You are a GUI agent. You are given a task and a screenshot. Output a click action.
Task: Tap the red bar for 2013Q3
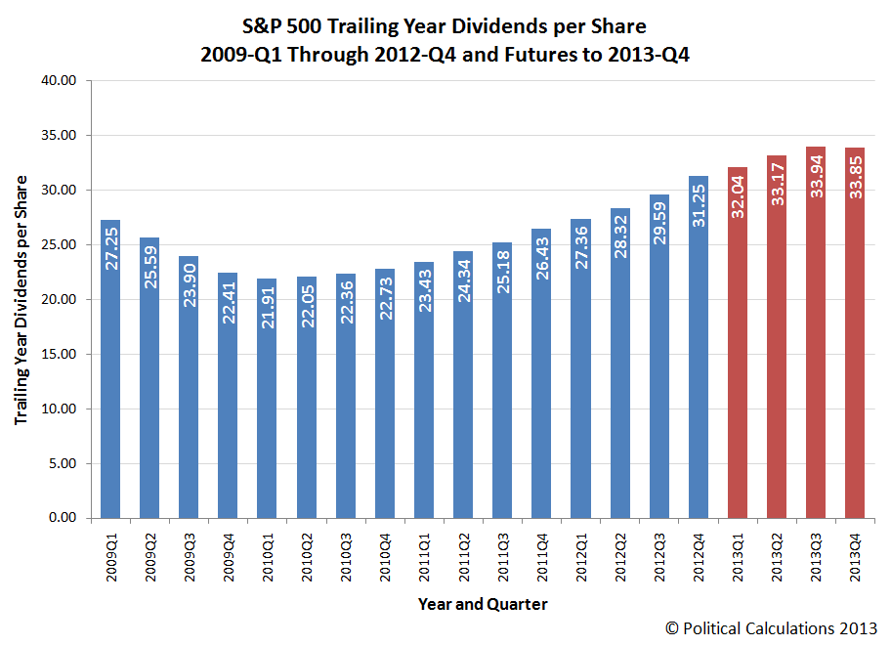(816, 332)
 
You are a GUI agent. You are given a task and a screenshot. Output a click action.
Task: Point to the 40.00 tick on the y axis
(60, 81)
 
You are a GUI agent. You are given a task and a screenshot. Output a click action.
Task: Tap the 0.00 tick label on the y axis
(64, 519)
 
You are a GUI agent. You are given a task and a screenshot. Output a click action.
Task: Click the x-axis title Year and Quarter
(483, 604)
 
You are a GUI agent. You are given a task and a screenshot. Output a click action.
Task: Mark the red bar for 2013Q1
(738, 342)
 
